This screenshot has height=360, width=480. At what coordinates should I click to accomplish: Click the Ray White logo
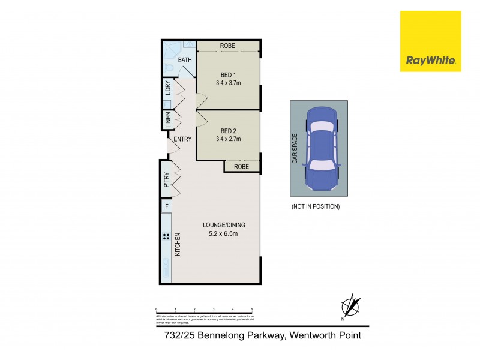click(430, 41)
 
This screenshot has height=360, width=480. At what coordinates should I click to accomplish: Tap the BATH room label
click(185, 60)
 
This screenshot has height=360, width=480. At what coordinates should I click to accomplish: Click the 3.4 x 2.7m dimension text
click(229, 139)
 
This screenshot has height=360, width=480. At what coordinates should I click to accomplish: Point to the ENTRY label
click(182, 140)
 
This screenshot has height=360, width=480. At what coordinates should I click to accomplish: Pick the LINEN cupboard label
click(169, 120)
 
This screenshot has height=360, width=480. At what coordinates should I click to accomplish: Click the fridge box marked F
click(166, 207)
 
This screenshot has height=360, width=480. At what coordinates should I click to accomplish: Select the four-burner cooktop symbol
click(166, 236)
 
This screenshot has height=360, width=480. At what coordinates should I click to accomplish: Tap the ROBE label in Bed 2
click(241, 167)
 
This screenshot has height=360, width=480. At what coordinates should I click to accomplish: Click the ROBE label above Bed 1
click(227, 46)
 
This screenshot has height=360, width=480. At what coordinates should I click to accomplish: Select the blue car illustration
click(321, 148)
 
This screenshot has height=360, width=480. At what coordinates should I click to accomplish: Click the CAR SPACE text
click(295, 148)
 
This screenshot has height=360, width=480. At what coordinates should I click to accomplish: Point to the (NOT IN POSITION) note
click(316, 206)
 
